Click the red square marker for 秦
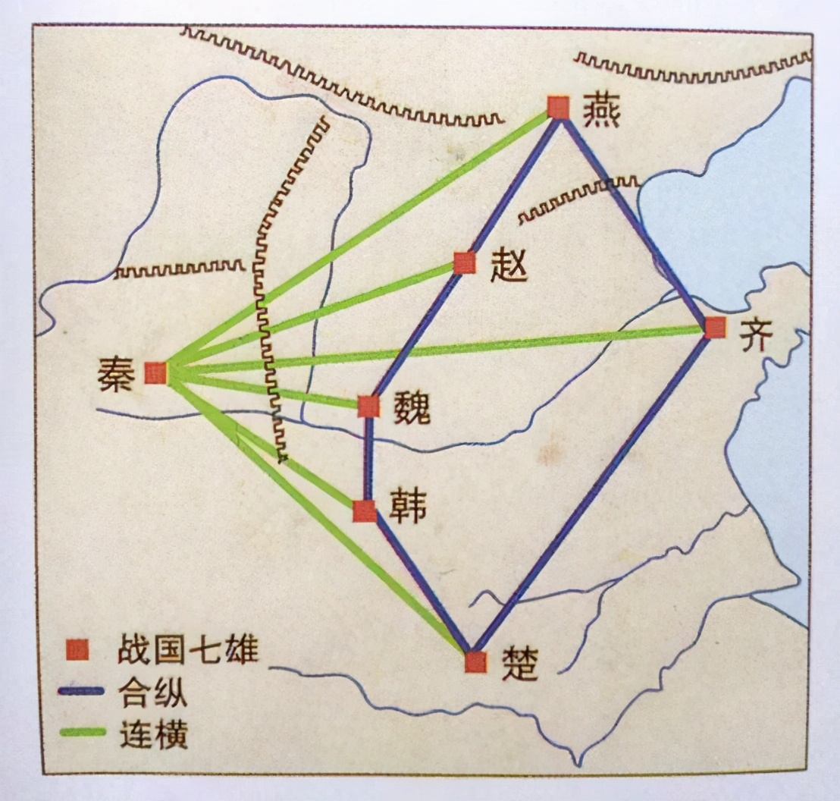click(155, 372)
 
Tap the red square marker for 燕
click(559, 108)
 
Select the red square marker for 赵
click(465, 262)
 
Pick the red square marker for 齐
click(715, 328)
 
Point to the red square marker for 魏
click(368, 407)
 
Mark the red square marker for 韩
click(365, 510)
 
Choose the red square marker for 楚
click(475, 661)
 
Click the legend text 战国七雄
click(187, 650)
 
